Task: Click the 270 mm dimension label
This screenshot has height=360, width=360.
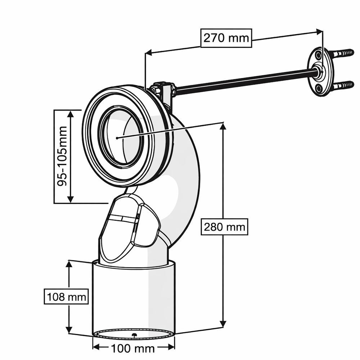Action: point(226,37)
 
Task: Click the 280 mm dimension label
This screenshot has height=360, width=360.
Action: point(224,227)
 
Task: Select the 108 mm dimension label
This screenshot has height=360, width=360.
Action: point(66,297)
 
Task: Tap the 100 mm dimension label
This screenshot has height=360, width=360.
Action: point(133,348)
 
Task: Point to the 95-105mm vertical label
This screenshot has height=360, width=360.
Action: point(62,155)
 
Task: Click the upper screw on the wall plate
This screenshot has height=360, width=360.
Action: point(342,53)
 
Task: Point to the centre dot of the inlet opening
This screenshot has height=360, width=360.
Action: point(118,137)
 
